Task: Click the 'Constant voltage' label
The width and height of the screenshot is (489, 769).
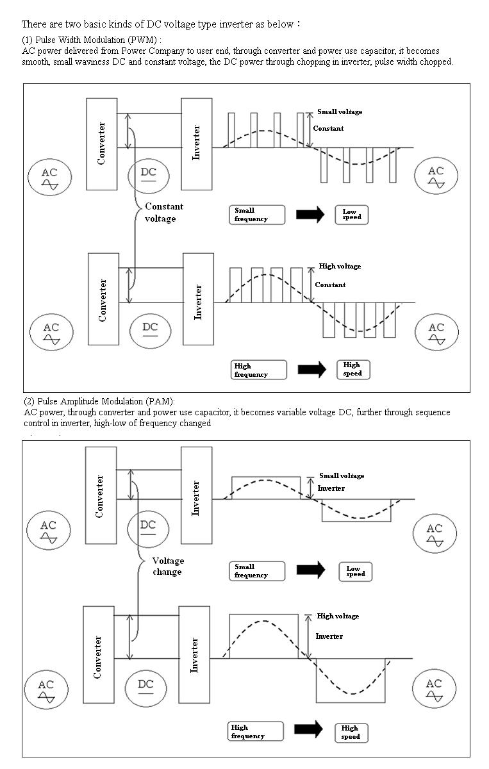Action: tap(164, 213)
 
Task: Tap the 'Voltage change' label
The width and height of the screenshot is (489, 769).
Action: tap(168, 566)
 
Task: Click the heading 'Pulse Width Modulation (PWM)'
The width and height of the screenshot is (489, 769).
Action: tap(96, 40)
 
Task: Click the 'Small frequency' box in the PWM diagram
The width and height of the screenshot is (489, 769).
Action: tap(257, 215)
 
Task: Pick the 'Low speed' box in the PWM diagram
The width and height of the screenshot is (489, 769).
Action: tap(352, 215)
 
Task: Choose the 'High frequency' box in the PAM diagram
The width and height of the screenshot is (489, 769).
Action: tap(256, 732)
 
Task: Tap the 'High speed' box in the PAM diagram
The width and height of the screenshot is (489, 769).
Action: tap(351, 733)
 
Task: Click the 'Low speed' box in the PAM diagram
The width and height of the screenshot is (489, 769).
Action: tap(356, 572)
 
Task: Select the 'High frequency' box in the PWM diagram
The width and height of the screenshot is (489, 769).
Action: tap(258, 370)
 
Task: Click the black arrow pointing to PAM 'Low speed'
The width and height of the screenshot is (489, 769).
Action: tap(310, 570)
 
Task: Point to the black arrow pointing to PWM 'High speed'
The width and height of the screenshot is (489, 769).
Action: tap(312, 370)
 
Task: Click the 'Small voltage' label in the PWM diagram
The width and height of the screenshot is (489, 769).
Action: tap(340, 112)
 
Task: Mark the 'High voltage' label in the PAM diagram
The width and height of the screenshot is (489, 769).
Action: tap(338, 616)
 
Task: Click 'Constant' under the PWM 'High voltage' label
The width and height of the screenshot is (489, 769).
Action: tap(330, 285)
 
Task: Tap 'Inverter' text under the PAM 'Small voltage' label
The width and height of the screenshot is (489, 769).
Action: tap(331, 488)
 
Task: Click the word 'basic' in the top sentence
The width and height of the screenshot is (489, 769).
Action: tap(95, 24)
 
